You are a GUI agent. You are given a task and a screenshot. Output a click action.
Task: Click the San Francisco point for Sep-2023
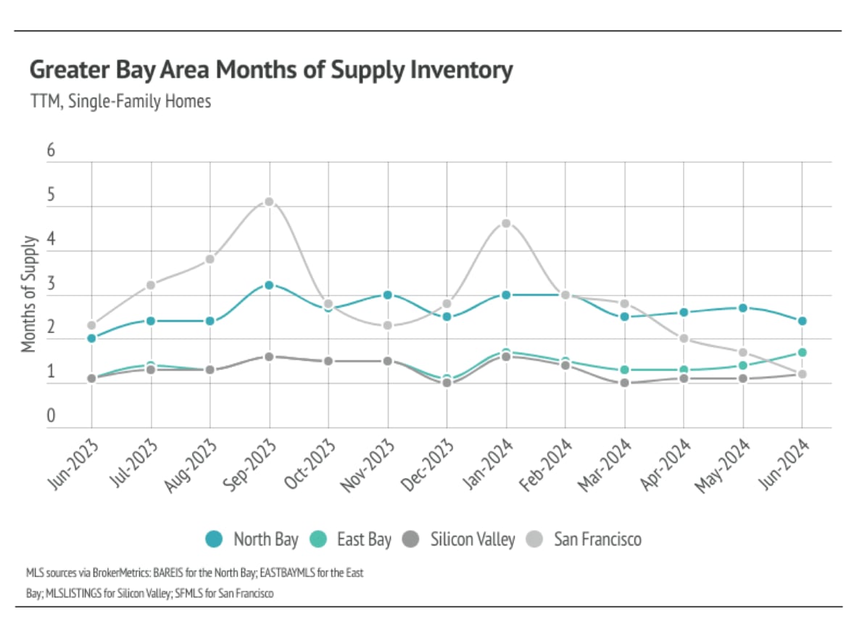point(269,201)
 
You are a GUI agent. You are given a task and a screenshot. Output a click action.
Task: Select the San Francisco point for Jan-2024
point(506,223)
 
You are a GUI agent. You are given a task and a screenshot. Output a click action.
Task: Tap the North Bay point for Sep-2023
point(269,285)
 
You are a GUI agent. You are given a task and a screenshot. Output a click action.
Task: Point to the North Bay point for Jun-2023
point(91,338)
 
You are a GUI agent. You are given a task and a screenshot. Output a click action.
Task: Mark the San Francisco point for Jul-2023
point(151,285)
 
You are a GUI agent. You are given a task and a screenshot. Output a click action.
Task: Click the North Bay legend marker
point(214,539)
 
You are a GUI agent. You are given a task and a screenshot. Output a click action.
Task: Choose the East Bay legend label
point(364,540)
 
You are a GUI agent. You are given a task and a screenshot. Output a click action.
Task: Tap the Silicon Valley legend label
point(472,540)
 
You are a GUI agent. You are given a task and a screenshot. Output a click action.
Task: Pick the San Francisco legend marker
point(535,539)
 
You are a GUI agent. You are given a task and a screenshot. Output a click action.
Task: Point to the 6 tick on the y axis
point(51,151)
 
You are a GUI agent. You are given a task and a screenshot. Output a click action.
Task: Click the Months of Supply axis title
point(29,294)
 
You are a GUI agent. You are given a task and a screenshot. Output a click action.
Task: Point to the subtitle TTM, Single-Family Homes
point(120,101)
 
